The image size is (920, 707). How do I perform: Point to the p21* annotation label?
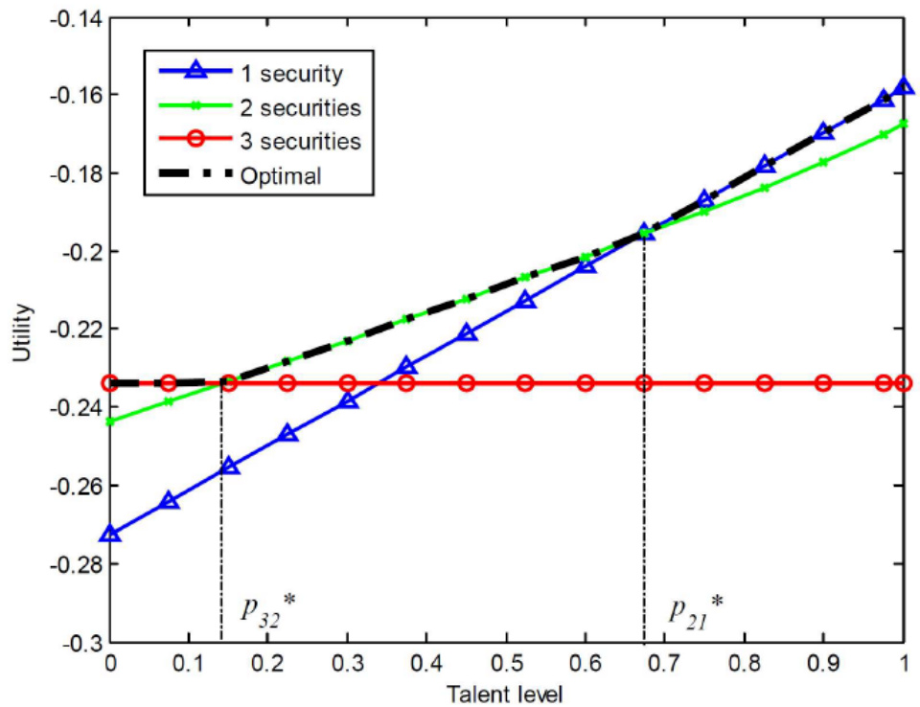697,610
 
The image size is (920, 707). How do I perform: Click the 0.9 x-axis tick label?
821,663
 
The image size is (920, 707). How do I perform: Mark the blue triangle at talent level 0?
110,533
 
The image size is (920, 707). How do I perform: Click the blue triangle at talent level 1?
903,87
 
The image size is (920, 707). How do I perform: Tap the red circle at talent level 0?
110,383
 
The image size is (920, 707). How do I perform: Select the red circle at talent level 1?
903,383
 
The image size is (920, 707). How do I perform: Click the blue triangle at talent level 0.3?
348,399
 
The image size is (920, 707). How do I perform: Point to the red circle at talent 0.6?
586,383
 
